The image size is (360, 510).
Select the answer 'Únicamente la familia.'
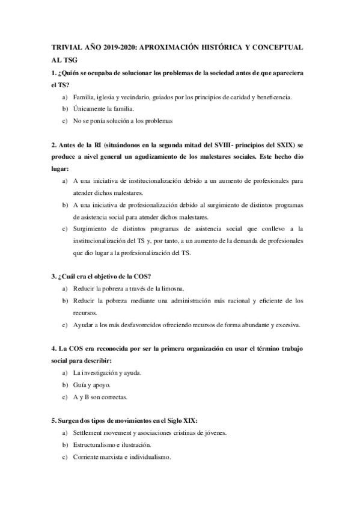pyautogui.click(x=103, y=109)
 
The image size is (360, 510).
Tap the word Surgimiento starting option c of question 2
pyautogui.click(x=92, y=229)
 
